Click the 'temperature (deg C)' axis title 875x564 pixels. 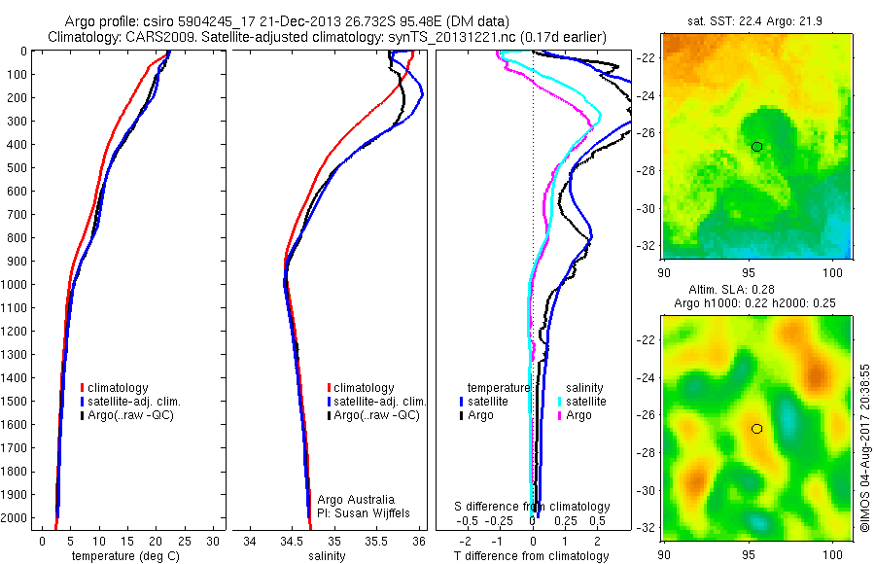click(123, 556)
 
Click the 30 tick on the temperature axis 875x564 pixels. click(214, 542)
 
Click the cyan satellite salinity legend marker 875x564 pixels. click(560, 402)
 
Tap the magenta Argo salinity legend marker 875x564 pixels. click(560, 415)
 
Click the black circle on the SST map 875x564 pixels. click(756, 147)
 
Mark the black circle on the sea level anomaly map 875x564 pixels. click(756, 428)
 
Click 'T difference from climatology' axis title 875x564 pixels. click(531, 556)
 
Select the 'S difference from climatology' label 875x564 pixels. click(533, 507)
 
